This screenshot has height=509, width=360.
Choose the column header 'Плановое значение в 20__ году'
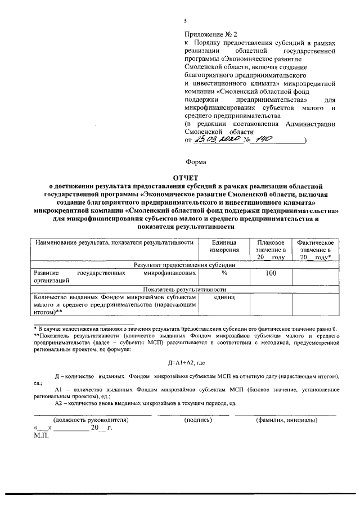[271, 249]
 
